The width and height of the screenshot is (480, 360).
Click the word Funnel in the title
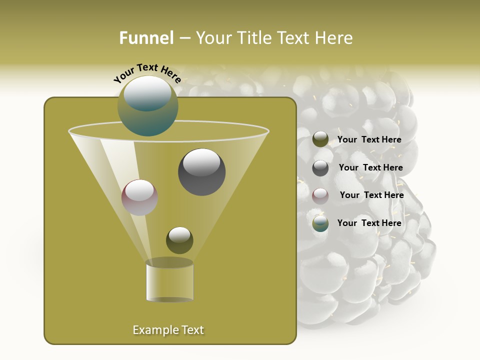pos(146,38)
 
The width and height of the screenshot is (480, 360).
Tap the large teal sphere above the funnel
pos(147,106)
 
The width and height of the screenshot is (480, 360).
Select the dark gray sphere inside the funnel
pos(201,172)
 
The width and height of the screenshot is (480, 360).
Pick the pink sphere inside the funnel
pos(139,197)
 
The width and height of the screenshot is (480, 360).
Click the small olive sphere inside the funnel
pos(179,240)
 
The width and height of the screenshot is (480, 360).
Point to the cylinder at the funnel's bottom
pos(169,282)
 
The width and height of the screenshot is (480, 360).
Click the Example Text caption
pos(168,330)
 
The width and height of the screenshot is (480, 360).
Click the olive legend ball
pos(320,139)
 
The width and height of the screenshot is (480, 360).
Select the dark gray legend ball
pos(320,168)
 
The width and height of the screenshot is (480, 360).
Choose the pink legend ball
pos(320,196)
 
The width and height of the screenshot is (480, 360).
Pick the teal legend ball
pos(320,223)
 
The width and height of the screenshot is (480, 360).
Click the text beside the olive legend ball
pos(369,140)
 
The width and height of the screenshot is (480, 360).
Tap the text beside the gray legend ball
pos(370,168)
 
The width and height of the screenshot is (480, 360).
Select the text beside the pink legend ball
pos(371,195)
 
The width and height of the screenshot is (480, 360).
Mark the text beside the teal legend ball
pos(369,223)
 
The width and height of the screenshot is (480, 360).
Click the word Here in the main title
pos(334,38)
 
